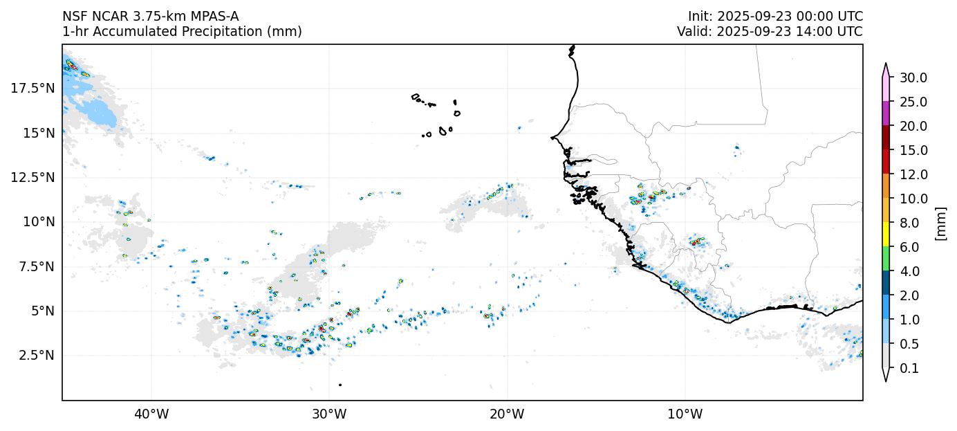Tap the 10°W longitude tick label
[685, 414]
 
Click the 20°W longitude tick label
[507, 414]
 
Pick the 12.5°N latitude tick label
[32, 177]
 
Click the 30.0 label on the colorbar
[913, 77]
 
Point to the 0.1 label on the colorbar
[910, 368]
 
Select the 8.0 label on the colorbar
[910, 223]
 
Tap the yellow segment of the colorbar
[885, 235]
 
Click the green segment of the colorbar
[885, 259]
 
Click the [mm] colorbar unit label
[940, 223]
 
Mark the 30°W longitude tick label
[329, 414]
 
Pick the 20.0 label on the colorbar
[913, 126]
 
